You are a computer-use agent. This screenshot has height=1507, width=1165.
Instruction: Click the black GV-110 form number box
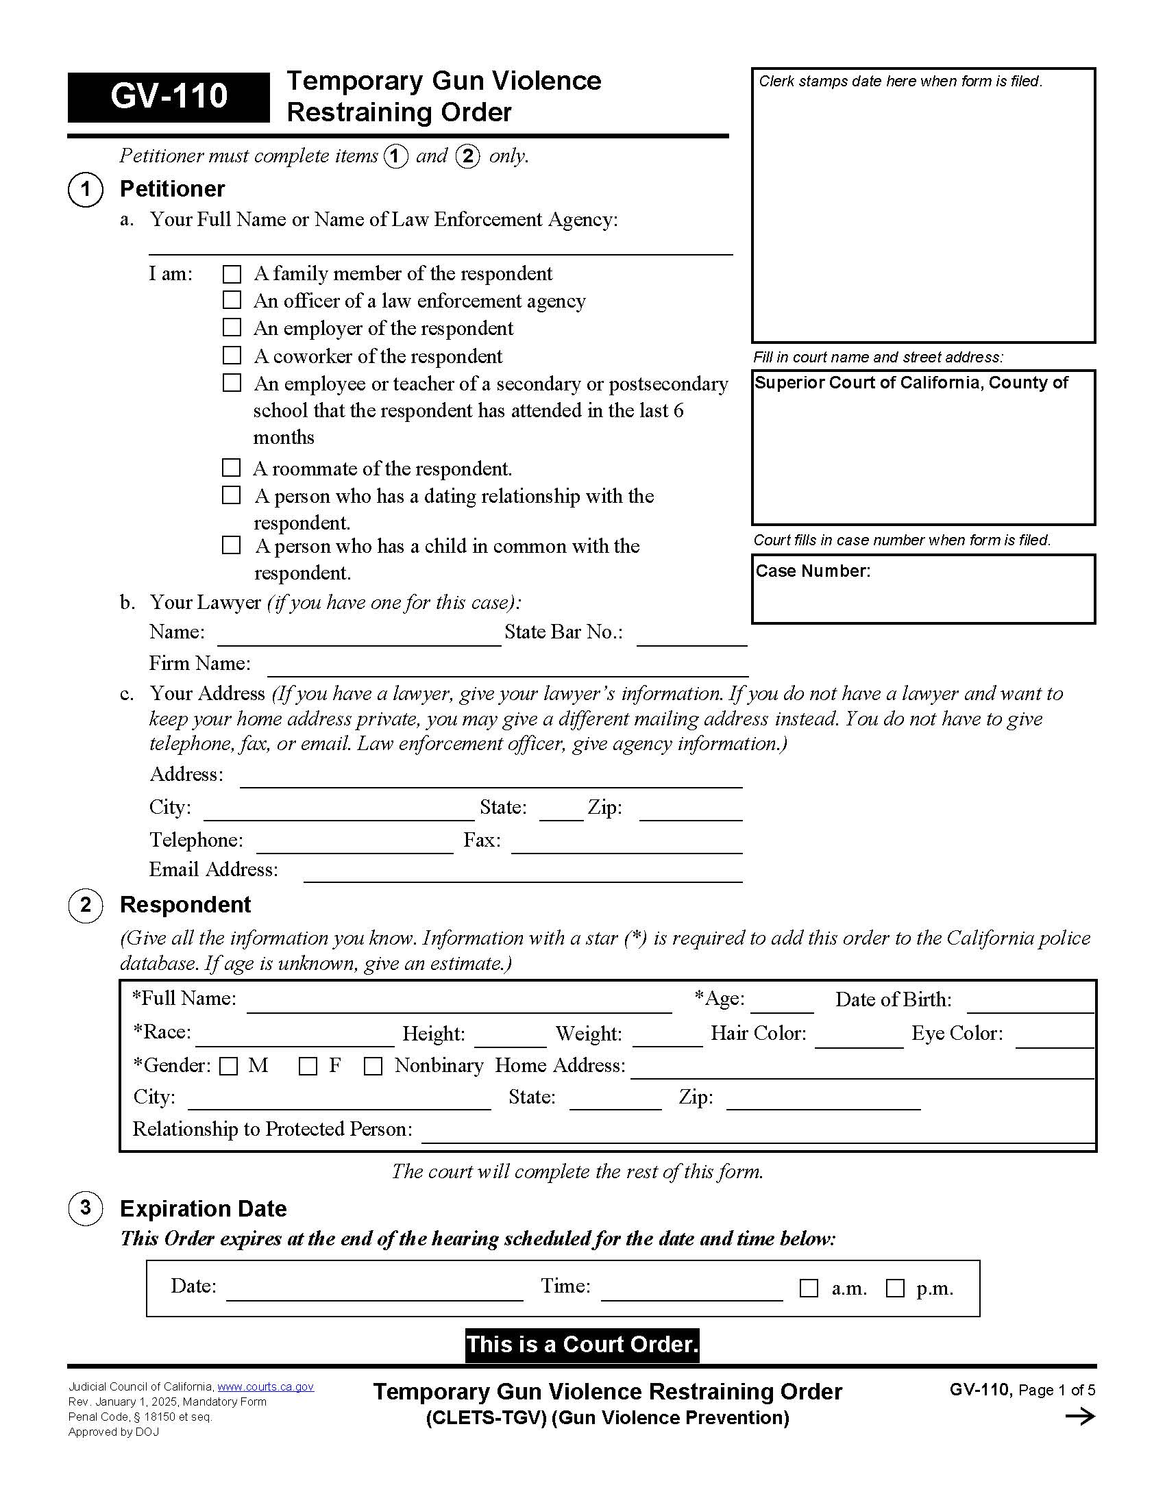pyautogui.click(x=169, y=97)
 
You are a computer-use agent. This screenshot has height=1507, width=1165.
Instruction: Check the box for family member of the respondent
pyautogui.click(x=232, y=275)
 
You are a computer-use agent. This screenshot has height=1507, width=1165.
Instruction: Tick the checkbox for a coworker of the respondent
pyautogui.click(x=232, y=356)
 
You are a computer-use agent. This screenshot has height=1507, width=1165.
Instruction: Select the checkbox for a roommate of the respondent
pyautogui.click(x=231, y=468)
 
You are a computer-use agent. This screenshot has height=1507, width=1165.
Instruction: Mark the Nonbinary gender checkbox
pyautogui.click(x=373, y=1066)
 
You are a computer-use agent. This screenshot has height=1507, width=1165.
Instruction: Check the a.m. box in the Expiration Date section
pyautogui.click(x=808, y=1288)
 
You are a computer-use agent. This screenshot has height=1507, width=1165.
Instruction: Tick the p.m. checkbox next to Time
pyautogui.click(x=895, y=1288)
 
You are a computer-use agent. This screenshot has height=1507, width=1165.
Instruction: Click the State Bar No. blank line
pyautogui.click(x=691, y=638)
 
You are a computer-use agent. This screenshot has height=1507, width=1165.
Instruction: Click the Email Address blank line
pyautogui.click(x=522, y=874)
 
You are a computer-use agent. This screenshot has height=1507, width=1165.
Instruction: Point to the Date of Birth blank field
pyautogui.click(x=1030, y=1004)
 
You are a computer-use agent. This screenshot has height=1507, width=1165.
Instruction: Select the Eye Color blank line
pyautogui.click(x=1054, y=1038)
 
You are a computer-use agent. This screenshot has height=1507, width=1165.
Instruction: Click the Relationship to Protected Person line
pyautogui.click(x=758, y=1134)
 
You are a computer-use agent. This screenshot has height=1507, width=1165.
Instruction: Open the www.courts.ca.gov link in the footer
pyautogui.click(x=266, y=1387)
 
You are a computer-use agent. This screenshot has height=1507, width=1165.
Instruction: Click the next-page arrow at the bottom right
pyautogui.click(x=1080, y=1417)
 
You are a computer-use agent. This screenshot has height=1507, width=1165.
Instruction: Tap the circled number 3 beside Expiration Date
pyautogui.click(x=86, y=1208)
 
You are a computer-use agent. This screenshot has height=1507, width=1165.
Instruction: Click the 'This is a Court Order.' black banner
pyautogui.click(x=582, y=1345)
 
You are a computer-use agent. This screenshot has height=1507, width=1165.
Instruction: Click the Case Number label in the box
pyautogui.click(x=813, y=571)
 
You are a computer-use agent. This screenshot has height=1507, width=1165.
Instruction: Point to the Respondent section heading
pyautogui.click(x=185, y=905)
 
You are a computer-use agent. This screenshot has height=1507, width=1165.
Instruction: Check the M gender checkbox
pyautogui.click(x=228, y=1066)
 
